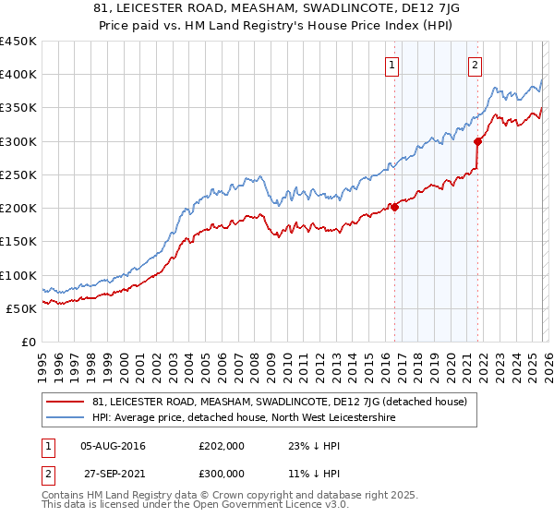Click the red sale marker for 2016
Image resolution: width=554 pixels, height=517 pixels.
pos(394,207)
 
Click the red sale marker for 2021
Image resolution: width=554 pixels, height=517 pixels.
pos(478,141)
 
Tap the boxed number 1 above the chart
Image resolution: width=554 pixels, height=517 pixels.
pos(392,65)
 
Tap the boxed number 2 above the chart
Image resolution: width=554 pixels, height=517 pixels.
pos(475,65)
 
